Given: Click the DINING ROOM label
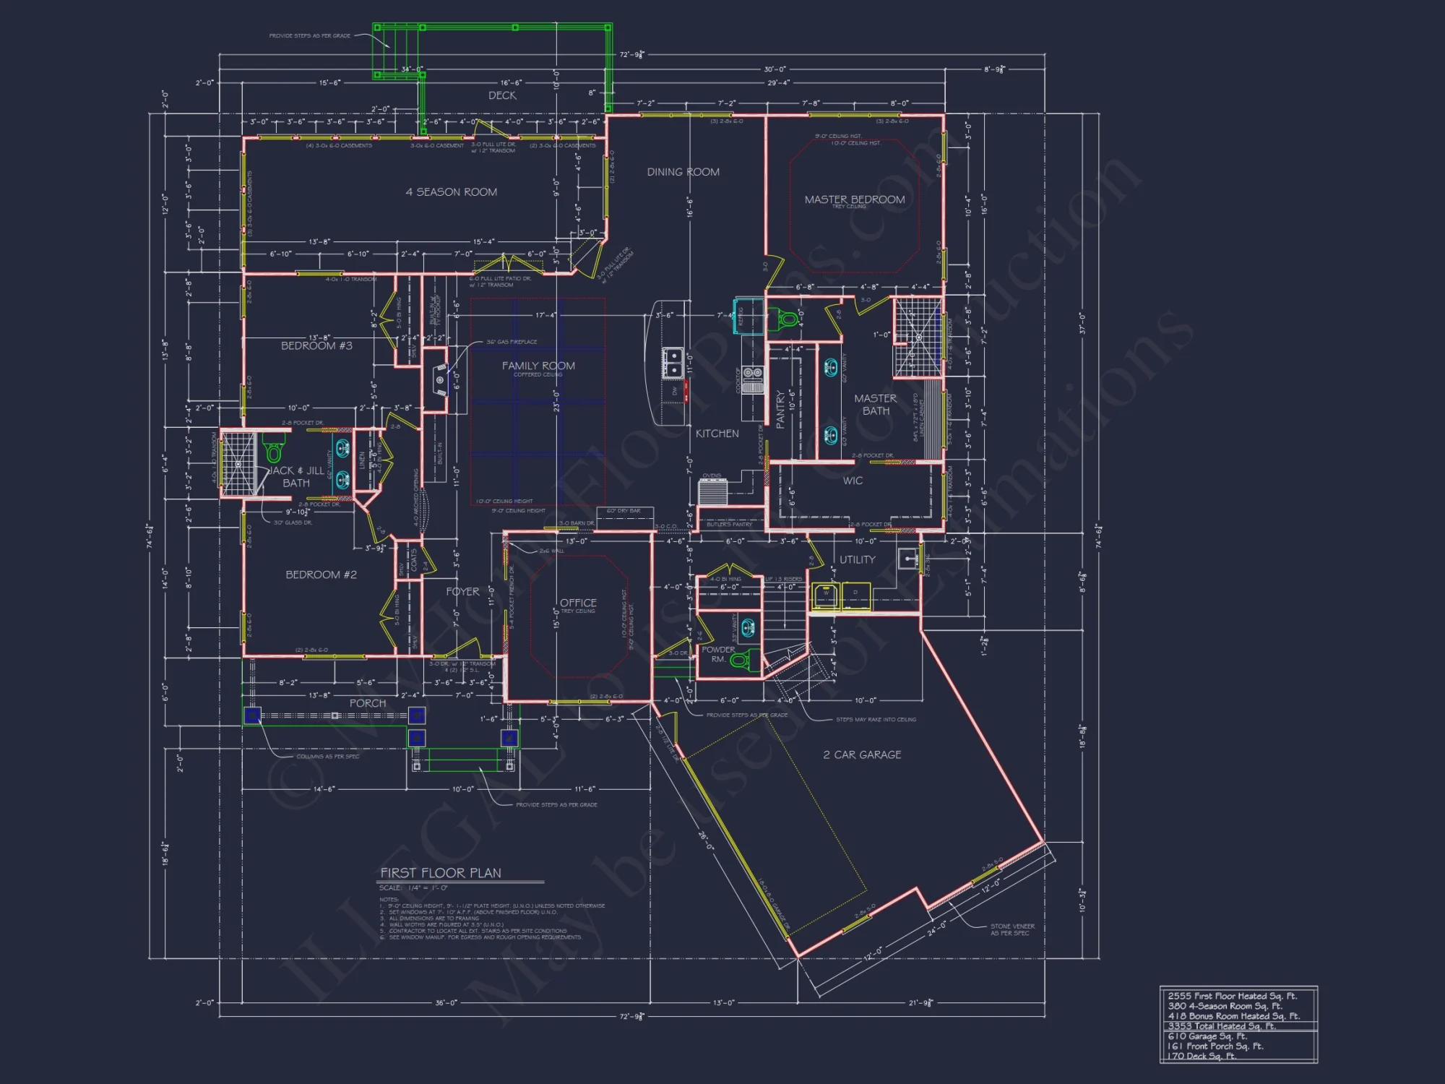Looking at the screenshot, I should tap(683, 172).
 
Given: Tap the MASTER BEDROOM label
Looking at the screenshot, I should tap(855, 199).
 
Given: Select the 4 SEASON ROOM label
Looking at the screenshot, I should tap(452, 192).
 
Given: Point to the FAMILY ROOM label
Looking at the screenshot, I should tap(538, 366).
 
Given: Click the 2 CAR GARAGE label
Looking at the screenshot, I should tap(862, 754).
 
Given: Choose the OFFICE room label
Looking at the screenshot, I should tap(578, 603).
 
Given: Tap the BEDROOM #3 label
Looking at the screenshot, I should tap(316, 346).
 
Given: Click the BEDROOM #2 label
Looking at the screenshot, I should tap(321, 575).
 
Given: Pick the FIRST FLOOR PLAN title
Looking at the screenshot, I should tap(441, 873).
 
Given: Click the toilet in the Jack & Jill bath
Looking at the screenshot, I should tap(273, 451).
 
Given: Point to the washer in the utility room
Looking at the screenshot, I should tap(825, 595).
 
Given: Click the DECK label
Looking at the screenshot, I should tap(502, 95).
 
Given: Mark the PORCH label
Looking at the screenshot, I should tap(368, 703).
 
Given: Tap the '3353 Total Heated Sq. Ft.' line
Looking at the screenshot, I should tap(1222, 1025).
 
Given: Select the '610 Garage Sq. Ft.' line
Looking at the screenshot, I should tap(1207, 1036).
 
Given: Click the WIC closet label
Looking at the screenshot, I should tap(853, 481).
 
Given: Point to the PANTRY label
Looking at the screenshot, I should tap(780, 410).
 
